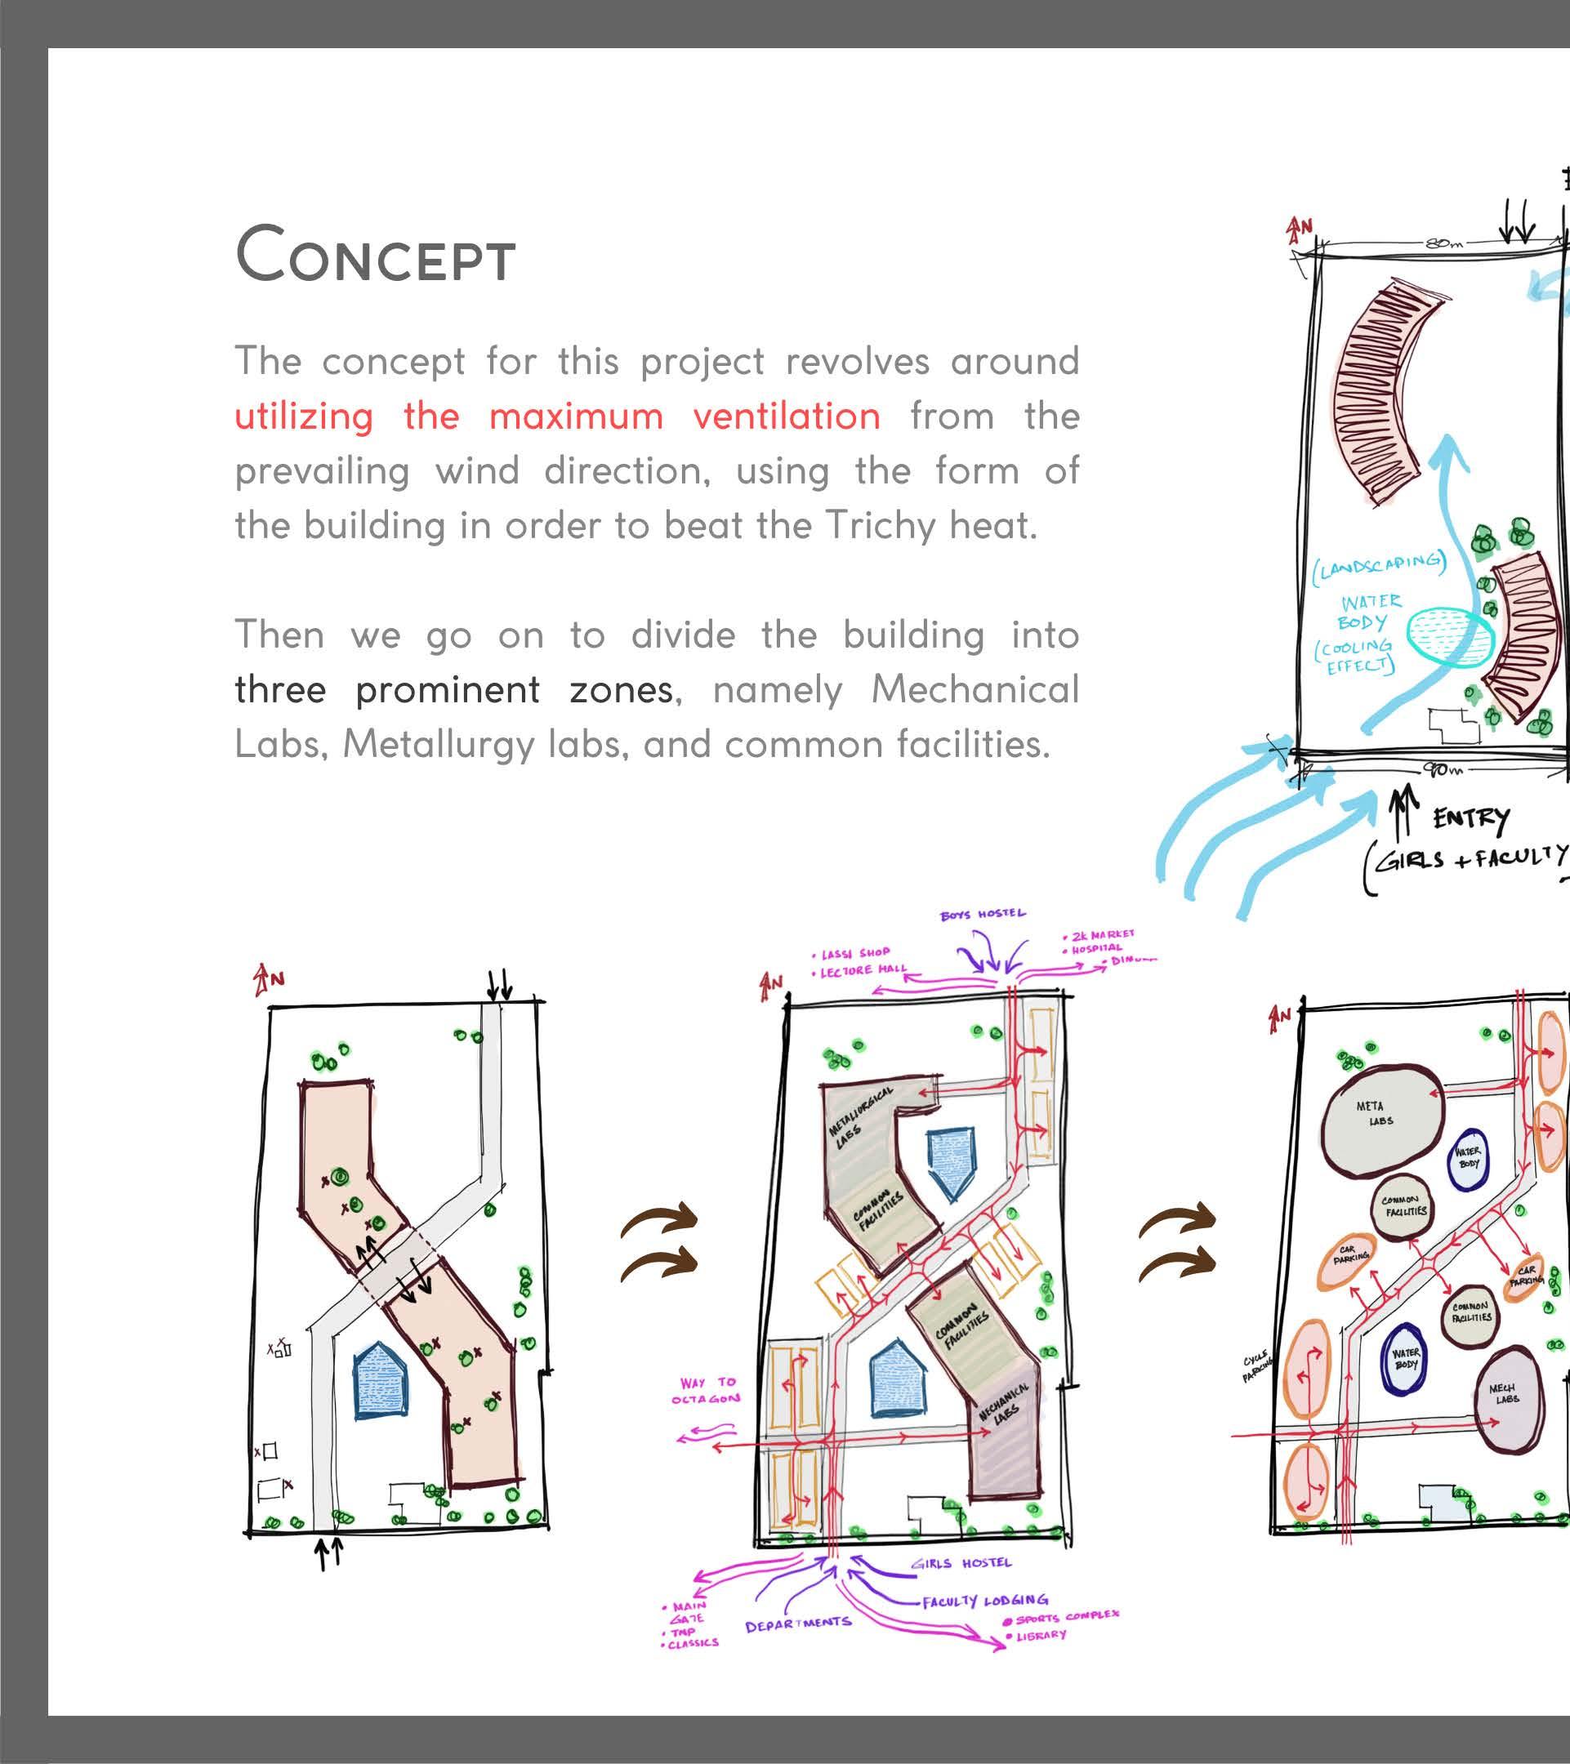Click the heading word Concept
[376, 255]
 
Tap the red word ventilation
[787, 416]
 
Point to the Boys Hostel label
[983, 913]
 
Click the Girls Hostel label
[961, 1563]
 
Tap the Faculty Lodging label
[985, 1601]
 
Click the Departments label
[797, 1626]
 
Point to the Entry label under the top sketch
[1472, 817]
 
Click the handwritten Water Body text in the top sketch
[1370, 612]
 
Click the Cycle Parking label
[1256, 1365]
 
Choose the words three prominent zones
[453, 689]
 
